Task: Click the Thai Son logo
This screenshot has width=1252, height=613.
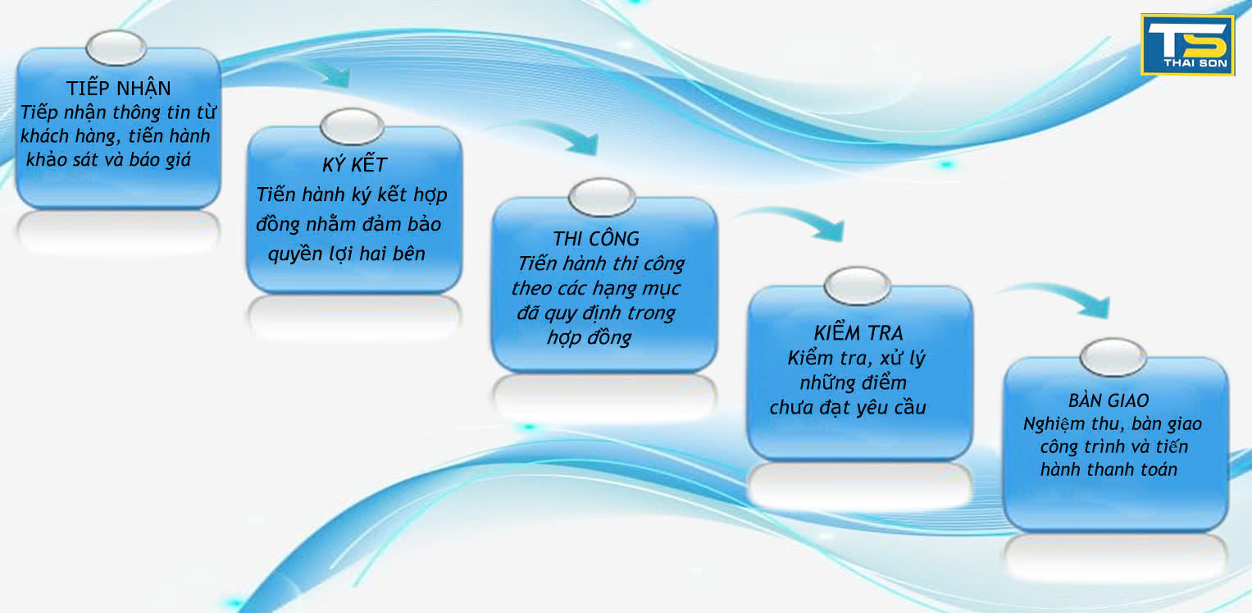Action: point(1186,45)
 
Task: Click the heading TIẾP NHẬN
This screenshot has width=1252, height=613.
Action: point(119,88)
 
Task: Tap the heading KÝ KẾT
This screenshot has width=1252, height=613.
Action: point(354,164)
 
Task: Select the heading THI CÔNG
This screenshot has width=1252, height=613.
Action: point(596,238)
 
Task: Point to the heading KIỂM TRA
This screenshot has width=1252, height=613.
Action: point(858,332)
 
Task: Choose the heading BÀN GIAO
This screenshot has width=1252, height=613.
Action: point(1109,400)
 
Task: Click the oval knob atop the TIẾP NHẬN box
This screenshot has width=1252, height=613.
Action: point(116,48)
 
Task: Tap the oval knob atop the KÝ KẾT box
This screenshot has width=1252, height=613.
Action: point(352,126)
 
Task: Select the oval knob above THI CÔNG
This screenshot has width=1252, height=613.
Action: point(602,198)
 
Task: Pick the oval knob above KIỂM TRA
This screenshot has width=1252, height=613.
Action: point(858,286)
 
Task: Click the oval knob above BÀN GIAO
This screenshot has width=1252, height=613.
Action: point(1113,358)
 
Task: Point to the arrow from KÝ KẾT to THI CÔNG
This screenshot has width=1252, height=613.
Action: point(559,133)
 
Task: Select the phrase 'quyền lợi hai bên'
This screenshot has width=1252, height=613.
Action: point(347,254)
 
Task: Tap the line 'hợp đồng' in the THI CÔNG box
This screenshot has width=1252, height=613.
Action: point(590,337)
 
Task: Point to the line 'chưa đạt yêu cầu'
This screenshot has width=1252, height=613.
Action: point(847,407)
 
